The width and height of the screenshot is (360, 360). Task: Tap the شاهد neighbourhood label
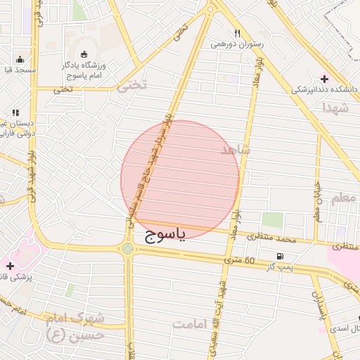tap(236, 150)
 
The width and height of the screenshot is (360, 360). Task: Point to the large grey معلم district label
tap(344, 199)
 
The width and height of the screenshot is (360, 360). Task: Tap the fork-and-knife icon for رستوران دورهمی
tap(237, 32)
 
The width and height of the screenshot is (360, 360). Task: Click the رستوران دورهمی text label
tap(237, 44)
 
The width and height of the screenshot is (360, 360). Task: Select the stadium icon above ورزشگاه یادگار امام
tap(84, 54)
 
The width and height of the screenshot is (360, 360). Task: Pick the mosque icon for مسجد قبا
tap(20, 59)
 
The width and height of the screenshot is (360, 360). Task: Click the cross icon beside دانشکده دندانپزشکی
tap(324, 78)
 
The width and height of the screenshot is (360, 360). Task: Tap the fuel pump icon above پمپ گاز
tap(281, 256)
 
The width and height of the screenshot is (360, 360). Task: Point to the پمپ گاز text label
tap(280, 267)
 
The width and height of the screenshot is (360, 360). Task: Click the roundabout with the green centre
tap(127, 248)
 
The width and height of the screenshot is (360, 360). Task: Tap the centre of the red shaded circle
tap(180, 180)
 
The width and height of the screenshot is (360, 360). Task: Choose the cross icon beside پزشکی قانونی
tap(9, 266)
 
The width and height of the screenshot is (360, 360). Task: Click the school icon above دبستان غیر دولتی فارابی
tap(15, 112)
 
